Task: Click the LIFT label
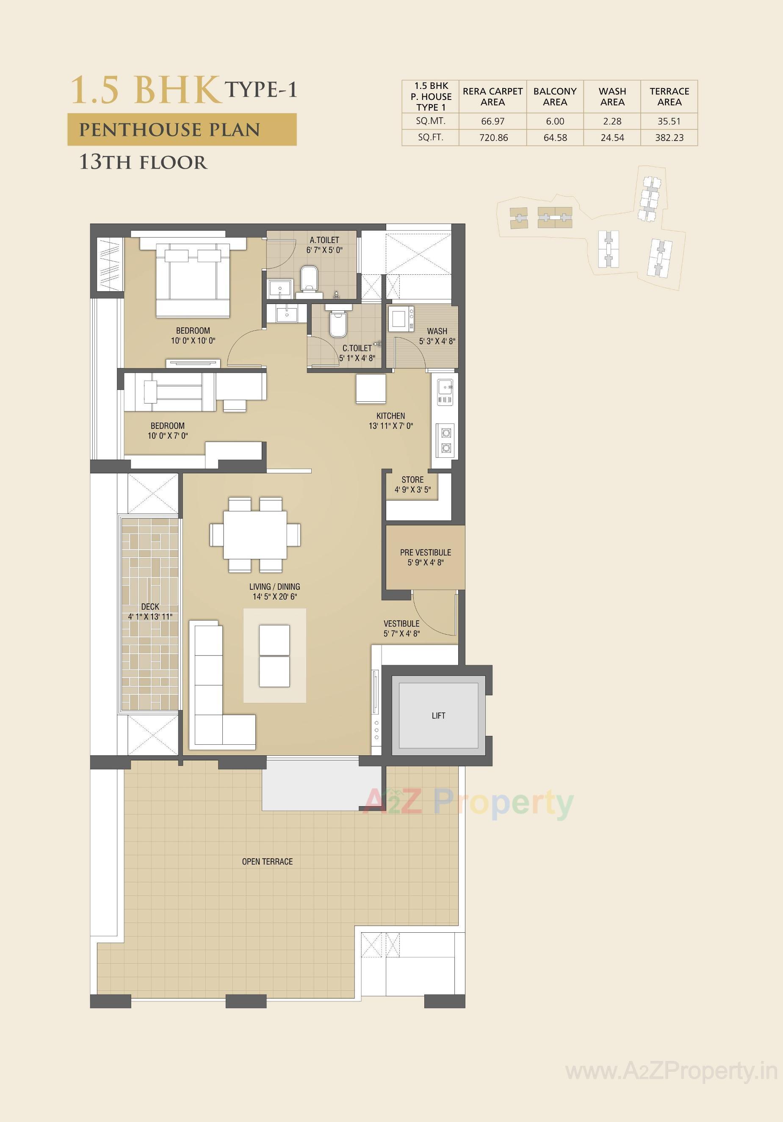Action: pos(438,716)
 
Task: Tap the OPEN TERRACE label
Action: pos(267,862)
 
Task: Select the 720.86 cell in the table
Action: pos(493,138)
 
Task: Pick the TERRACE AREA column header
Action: pos(669,97)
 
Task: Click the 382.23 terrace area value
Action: pos(669,138)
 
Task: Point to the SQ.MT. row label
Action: pos(431,121)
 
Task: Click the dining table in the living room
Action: pos(255,535)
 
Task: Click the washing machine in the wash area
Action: pos(401,320)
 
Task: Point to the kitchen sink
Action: pos(445,389)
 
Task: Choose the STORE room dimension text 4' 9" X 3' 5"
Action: pos(412,489)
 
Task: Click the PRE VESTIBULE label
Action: pos(425,552)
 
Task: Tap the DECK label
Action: pos(150,606)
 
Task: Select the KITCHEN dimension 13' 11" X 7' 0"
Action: pos(390,426)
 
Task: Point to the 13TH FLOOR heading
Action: pos(143,162)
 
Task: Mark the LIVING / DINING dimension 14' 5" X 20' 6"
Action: pos(275,596)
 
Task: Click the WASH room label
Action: pos(437,331)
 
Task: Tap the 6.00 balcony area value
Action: pos(555,121)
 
